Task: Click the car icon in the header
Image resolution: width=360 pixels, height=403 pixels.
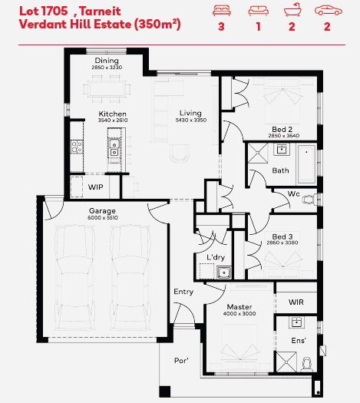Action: pyautogui.click(x=329, y=11)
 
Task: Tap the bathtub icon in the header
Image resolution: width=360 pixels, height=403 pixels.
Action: pyautogui.click(x=292, y=10)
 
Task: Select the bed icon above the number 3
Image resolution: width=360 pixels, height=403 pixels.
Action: pyautogui.click(x=222, y=11)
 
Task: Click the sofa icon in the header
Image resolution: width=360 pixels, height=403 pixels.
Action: pyautogui.click(x=258, y=11)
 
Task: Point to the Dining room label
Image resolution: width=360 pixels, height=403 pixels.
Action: pyautogui.click(x=107, y=61)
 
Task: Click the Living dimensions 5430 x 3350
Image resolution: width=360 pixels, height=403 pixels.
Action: pyautogui.click(x=191, y=120)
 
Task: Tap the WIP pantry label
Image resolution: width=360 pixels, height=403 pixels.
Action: pyautogui.click(x=96, y=187)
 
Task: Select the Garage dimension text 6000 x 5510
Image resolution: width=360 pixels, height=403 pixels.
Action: pyautogui.click(x=103, y=218)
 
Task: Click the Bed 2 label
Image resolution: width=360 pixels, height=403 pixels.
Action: pyautogui.click(x=282, y=129)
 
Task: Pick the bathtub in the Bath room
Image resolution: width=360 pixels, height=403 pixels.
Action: pyautogui.click(x=306, y=164)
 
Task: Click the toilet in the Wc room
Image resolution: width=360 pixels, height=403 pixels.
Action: pyautogui.click(x=310, y=199)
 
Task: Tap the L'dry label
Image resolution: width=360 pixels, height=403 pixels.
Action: pyautogui.click(x=216, y=257)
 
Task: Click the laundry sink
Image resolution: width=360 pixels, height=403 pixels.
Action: pyautogui.click(x=224, y=273)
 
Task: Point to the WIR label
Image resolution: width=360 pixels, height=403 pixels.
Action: pyautogui.click(x=296, y=302)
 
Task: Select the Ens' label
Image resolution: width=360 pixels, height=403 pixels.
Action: pyautogui.click(x=299, y=341)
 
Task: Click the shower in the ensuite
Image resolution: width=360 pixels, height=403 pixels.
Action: pyautogui.click(x=286, y=362)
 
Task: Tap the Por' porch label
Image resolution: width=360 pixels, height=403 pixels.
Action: pyautogui.click(x=181, y=360)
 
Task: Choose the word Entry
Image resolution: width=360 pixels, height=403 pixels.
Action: pyautogui.click(x=183, y=292)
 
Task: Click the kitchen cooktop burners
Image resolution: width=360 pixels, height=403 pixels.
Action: pyautogui.click(x=77, y=147)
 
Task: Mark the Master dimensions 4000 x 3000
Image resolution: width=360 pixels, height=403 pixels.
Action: pyautogui.click(x=239, y=313)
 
